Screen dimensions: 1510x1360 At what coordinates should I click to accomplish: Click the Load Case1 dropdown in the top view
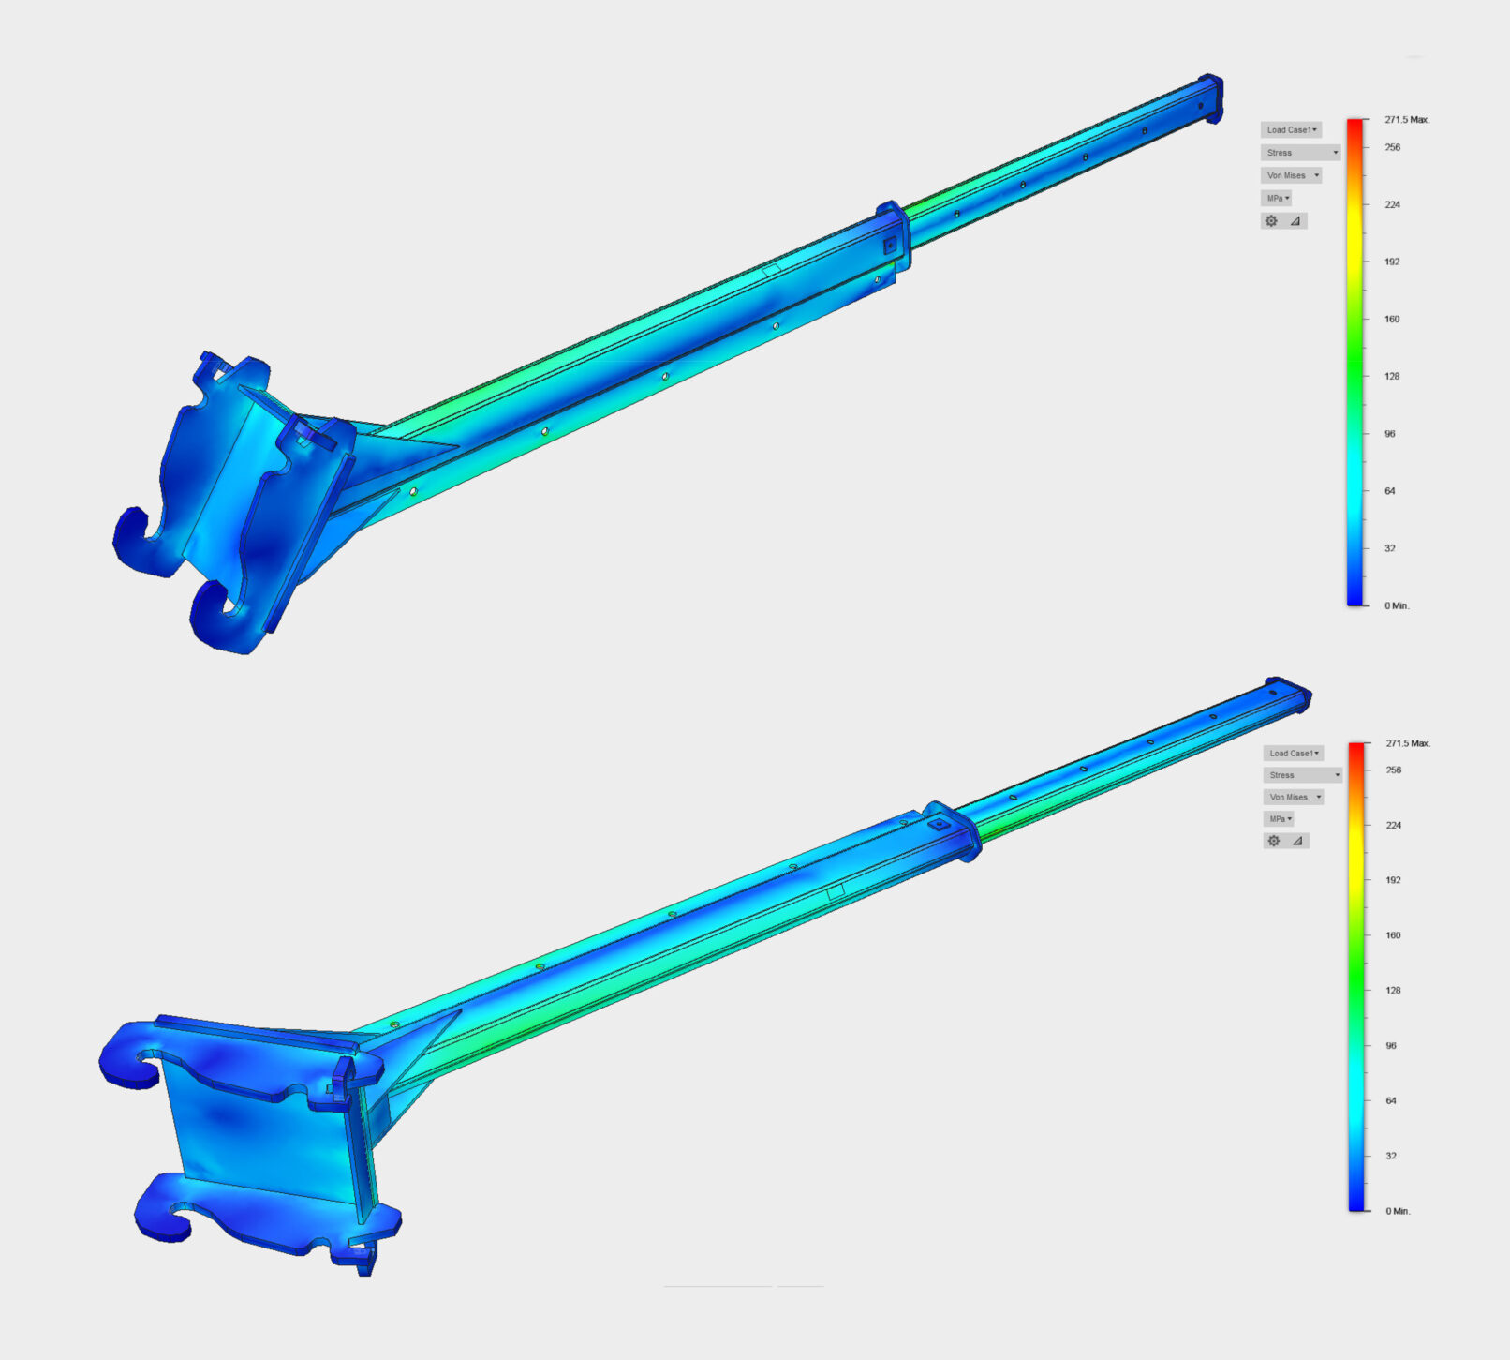[1291, 129]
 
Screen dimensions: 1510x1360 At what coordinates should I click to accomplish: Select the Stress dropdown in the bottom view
[1302, 775]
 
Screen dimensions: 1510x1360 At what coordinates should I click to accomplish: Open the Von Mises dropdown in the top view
[1291, 175]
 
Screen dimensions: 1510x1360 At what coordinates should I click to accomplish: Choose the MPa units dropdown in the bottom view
[1278, 819]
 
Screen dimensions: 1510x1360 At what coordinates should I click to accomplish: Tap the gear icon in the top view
[1271, 221]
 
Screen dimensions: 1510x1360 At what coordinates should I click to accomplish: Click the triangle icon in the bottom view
[1297, 842]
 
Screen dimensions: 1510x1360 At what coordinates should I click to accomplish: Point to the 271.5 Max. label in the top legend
[1407, 120]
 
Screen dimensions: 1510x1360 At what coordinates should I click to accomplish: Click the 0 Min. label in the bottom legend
[1398, 1211]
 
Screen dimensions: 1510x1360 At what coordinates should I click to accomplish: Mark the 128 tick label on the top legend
[1392, 376]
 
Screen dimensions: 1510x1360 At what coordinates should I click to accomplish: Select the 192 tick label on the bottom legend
[1393, 880]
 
